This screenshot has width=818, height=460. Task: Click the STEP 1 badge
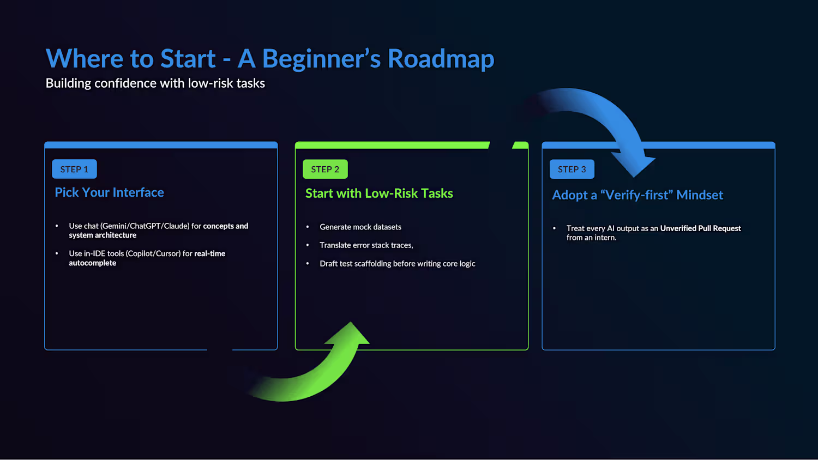point(74,169)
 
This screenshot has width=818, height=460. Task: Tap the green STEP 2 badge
point(325,169)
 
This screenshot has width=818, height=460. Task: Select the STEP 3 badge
point(572,169)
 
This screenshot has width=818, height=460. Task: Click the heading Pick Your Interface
point(109,192)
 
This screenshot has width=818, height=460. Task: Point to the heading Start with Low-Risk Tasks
point(379,193)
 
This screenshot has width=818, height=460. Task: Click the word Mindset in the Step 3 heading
point(700,195)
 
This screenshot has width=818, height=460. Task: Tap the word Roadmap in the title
point(441,58)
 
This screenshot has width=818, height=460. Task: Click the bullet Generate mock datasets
point(360,227)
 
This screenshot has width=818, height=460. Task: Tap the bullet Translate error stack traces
point(366,245)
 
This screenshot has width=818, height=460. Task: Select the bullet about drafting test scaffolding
point(398,264)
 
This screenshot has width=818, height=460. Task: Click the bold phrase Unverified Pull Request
point(700,228)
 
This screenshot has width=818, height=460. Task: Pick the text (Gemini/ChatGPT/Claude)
point(145,226)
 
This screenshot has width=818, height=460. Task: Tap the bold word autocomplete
point(92,263)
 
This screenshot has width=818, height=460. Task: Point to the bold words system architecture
point(103,235)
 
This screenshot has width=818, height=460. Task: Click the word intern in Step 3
point(606,238)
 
